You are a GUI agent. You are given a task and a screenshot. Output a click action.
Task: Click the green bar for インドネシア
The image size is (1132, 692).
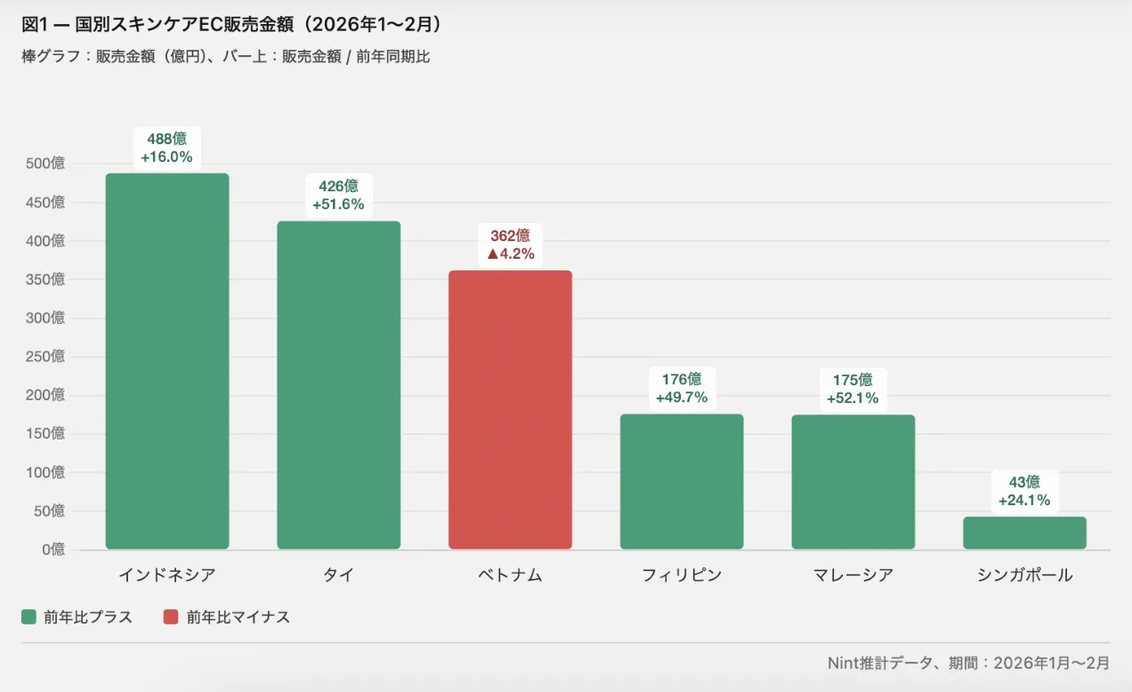167,360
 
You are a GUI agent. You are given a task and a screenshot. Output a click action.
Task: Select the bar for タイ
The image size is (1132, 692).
338,384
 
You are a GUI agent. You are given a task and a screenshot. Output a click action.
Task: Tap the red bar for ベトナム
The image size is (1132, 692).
510,409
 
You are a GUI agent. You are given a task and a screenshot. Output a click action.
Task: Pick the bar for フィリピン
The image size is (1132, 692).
682,481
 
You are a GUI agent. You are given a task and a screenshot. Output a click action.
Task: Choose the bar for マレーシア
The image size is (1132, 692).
853,481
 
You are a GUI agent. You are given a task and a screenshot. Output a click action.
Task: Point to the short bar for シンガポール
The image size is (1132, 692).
1024,533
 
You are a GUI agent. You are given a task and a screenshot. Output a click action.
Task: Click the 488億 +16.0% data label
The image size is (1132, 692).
166,148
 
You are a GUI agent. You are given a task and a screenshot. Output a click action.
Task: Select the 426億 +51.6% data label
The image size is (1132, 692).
338,195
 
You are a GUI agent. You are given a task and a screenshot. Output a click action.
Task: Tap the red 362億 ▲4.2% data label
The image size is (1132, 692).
510,245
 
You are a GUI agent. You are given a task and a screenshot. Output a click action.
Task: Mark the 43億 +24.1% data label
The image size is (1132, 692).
1024,491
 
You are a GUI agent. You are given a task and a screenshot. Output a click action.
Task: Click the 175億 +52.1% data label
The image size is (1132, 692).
853,389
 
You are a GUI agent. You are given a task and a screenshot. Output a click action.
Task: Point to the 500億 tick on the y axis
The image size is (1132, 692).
45,164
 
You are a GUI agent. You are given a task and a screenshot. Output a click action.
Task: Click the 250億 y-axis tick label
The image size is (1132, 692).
45,357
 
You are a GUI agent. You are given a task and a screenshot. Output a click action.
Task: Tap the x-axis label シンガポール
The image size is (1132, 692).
1024,575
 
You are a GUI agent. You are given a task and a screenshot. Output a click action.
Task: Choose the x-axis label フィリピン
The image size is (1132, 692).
682,575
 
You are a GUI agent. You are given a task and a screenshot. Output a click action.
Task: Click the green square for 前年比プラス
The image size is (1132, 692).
29,617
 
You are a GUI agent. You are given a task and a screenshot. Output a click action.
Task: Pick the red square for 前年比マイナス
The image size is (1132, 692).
172,617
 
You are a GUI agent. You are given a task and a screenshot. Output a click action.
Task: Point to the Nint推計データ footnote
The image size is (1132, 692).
968,663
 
